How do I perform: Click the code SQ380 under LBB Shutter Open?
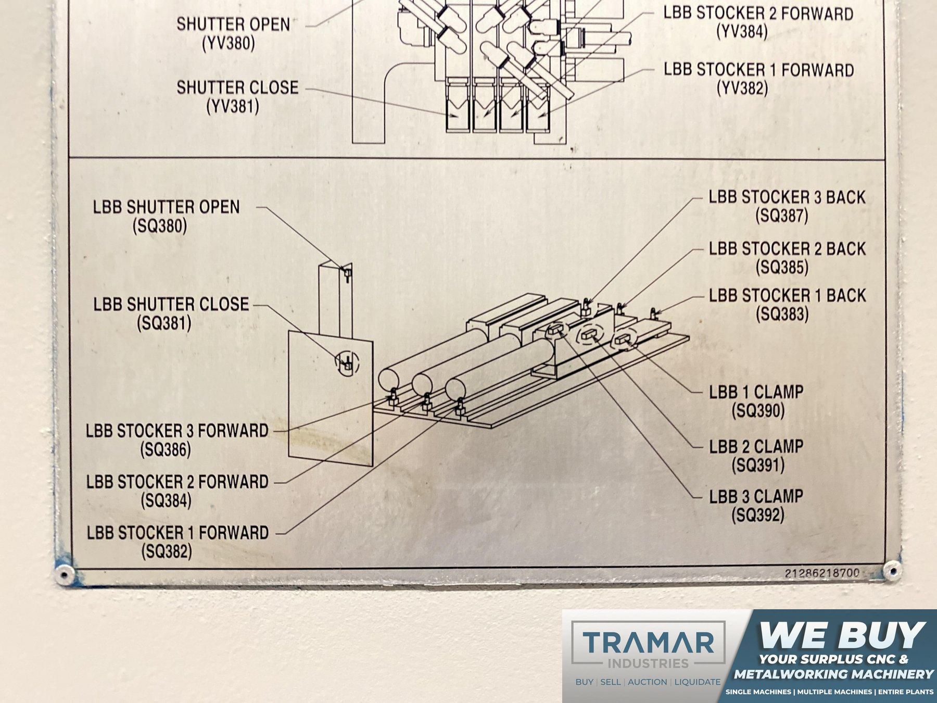click(160, 227)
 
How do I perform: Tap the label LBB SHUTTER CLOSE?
click(171, 304)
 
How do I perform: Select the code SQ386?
click(166, 449)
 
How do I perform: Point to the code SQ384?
click(166, 500)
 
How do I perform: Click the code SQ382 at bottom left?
click(167, 551)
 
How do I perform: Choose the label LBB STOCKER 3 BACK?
click(787, 197)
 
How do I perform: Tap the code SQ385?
click(782, 267)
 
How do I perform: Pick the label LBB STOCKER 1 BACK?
click(787, 295)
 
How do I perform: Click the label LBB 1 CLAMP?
click(756, 392)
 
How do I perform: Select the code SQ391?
click(758, 465)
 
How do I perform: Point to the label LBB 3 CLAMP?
click(756, 496)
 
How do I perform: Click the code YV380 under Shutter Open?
click(229, 43)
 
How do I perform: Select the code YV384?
click(742, 32)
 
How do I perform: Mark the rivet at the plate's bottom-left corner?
click(64, 574)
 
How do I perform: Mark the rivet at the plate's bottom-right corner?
click(892, 571)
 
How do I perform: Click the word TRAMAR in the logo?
click(648, 642)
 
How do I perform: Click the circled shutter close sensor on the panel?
click(347, 363)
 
